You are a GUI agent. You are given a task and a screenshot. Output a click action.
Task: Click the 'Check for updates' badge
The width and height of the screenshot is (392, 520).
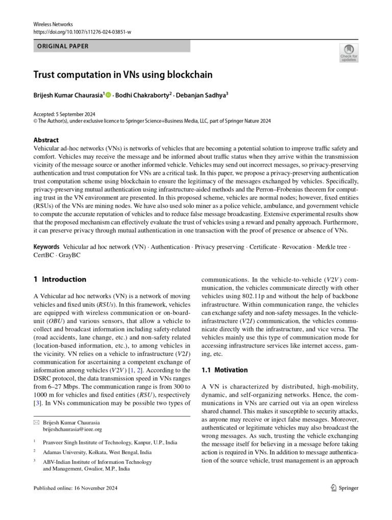tap(349, 52)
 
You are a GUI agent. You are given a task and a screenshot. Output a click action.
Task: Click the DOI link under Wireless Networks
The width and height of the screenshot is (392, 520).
tap(82, 32)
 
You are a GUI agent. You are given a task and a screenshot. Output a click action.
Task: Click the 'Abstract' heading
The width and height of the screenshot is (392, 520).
tap(46, 140)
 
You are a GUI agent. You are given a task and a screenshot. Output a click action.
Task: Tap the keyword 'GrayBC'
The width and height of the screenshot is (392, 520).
tap(70, 255)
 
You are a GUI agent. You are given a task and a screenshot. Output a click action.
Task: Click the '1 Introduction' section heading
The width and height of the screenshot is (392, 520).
tap(60, 279)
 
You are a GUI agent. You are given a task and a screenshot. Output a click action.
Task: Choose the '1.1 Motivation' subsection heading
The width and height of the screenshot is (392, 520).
tap(225, 370)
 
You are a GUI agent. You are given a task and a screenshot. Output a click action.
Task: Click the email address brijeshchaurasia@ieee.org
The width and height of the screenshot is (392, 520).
tap(72, 429)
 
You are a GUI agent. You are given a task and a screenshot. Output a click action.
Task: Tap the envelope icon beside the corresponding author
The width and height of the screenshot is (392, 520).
tap(36, 422)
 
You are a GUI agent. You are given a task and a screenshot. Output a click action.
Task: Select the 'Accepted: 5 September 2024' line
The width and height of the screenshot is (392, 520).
tap(64, 114)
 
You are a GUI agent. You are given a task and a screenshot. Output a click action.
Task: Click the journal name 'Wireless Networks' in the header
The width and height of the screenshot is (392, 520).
tap(53, 24)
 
